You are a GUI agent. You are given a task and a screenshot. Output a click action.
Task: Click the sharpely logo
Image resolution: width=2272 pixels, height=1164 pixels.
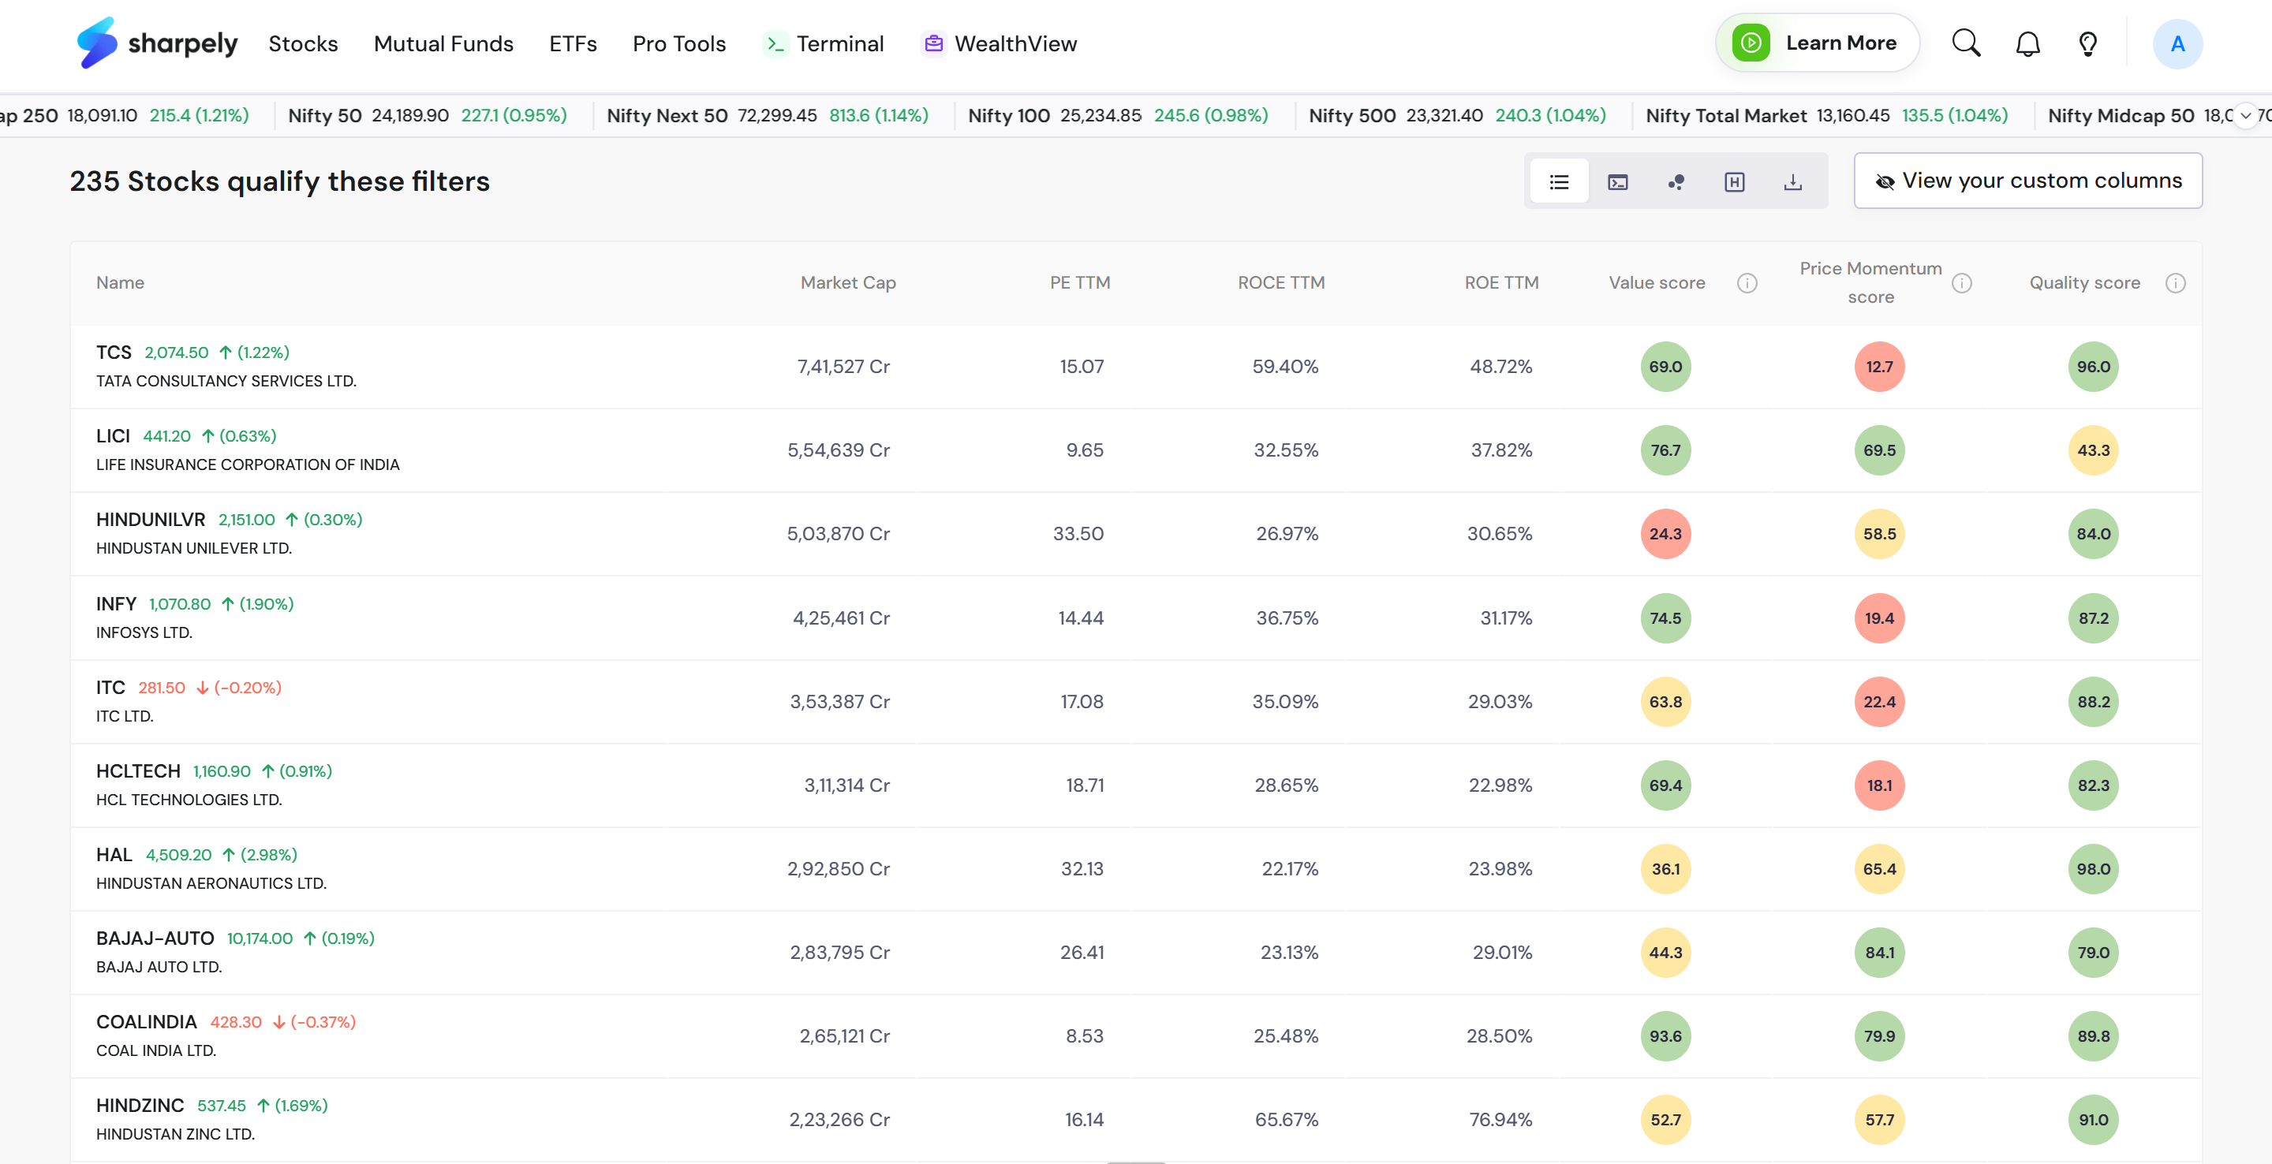point(157,43)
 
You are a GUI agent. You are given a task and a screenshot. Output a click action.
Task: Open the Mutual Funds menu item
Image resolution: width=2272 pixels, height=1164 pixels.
point(443,43)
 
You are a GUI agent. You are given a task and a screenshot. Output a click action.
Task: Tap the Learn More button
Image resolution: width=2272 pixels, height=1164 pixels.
point(1816,43)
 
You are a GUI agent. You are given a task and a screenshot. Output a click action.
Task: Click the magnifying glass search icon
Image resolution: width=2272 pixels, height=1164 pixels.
point(1966,43)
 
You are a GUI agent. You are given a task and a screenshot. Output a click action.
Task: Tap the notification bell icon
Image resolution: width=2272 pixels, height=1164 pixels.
point(2027,44)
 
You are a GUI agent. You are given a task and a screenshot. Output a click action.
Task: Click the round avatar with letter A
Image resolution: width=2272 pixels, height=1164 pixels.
point(2177,43)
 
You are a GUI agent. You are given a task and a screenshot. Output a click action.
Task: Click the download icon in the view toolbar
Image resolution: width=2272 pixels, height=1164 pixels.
point(1792,181)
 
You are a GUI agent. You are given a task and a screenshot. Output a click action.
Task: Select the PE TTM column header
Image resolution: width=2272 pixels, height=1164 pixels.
point(1079,282)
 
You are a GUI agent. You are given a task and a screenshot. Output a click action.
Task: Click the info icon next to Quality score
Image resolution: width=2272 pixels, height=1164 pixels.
point(2175,283)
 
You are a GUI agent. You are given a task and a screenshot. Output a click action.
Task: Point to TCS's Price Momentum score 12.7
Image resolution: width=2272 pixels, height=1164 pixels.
point(1878,366)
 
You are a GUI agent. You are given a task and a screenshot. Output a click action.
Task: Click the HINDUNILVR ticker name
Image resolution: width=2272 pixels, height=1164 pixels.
point(151,520)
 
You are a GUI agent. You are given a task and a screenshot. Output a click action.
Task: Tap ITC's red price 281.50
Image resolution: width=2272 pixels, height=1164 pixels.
point(162,687)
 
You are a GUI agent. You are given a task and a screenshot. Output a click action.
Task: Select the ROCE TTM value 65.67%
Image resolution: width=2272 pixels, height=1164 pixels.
point(1286,1119)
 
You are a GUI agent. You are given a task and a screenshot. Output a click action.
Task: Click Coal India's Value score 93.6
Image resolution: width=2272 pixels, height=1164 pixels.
point(1665,1035)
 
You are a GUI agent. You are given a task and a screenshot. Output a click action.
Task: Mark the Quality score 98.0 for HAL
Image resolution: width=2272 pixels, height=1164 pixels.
point(2093,868)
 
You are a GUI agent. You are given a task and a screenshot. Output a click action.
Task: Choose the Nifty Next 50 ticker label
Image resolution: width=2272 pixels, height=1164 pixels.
point(667,115)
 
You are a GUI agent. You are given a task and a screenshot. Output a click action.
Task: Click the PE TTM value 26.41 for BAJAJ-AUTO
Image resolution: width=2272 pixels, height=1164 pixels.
point(1082,952)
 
